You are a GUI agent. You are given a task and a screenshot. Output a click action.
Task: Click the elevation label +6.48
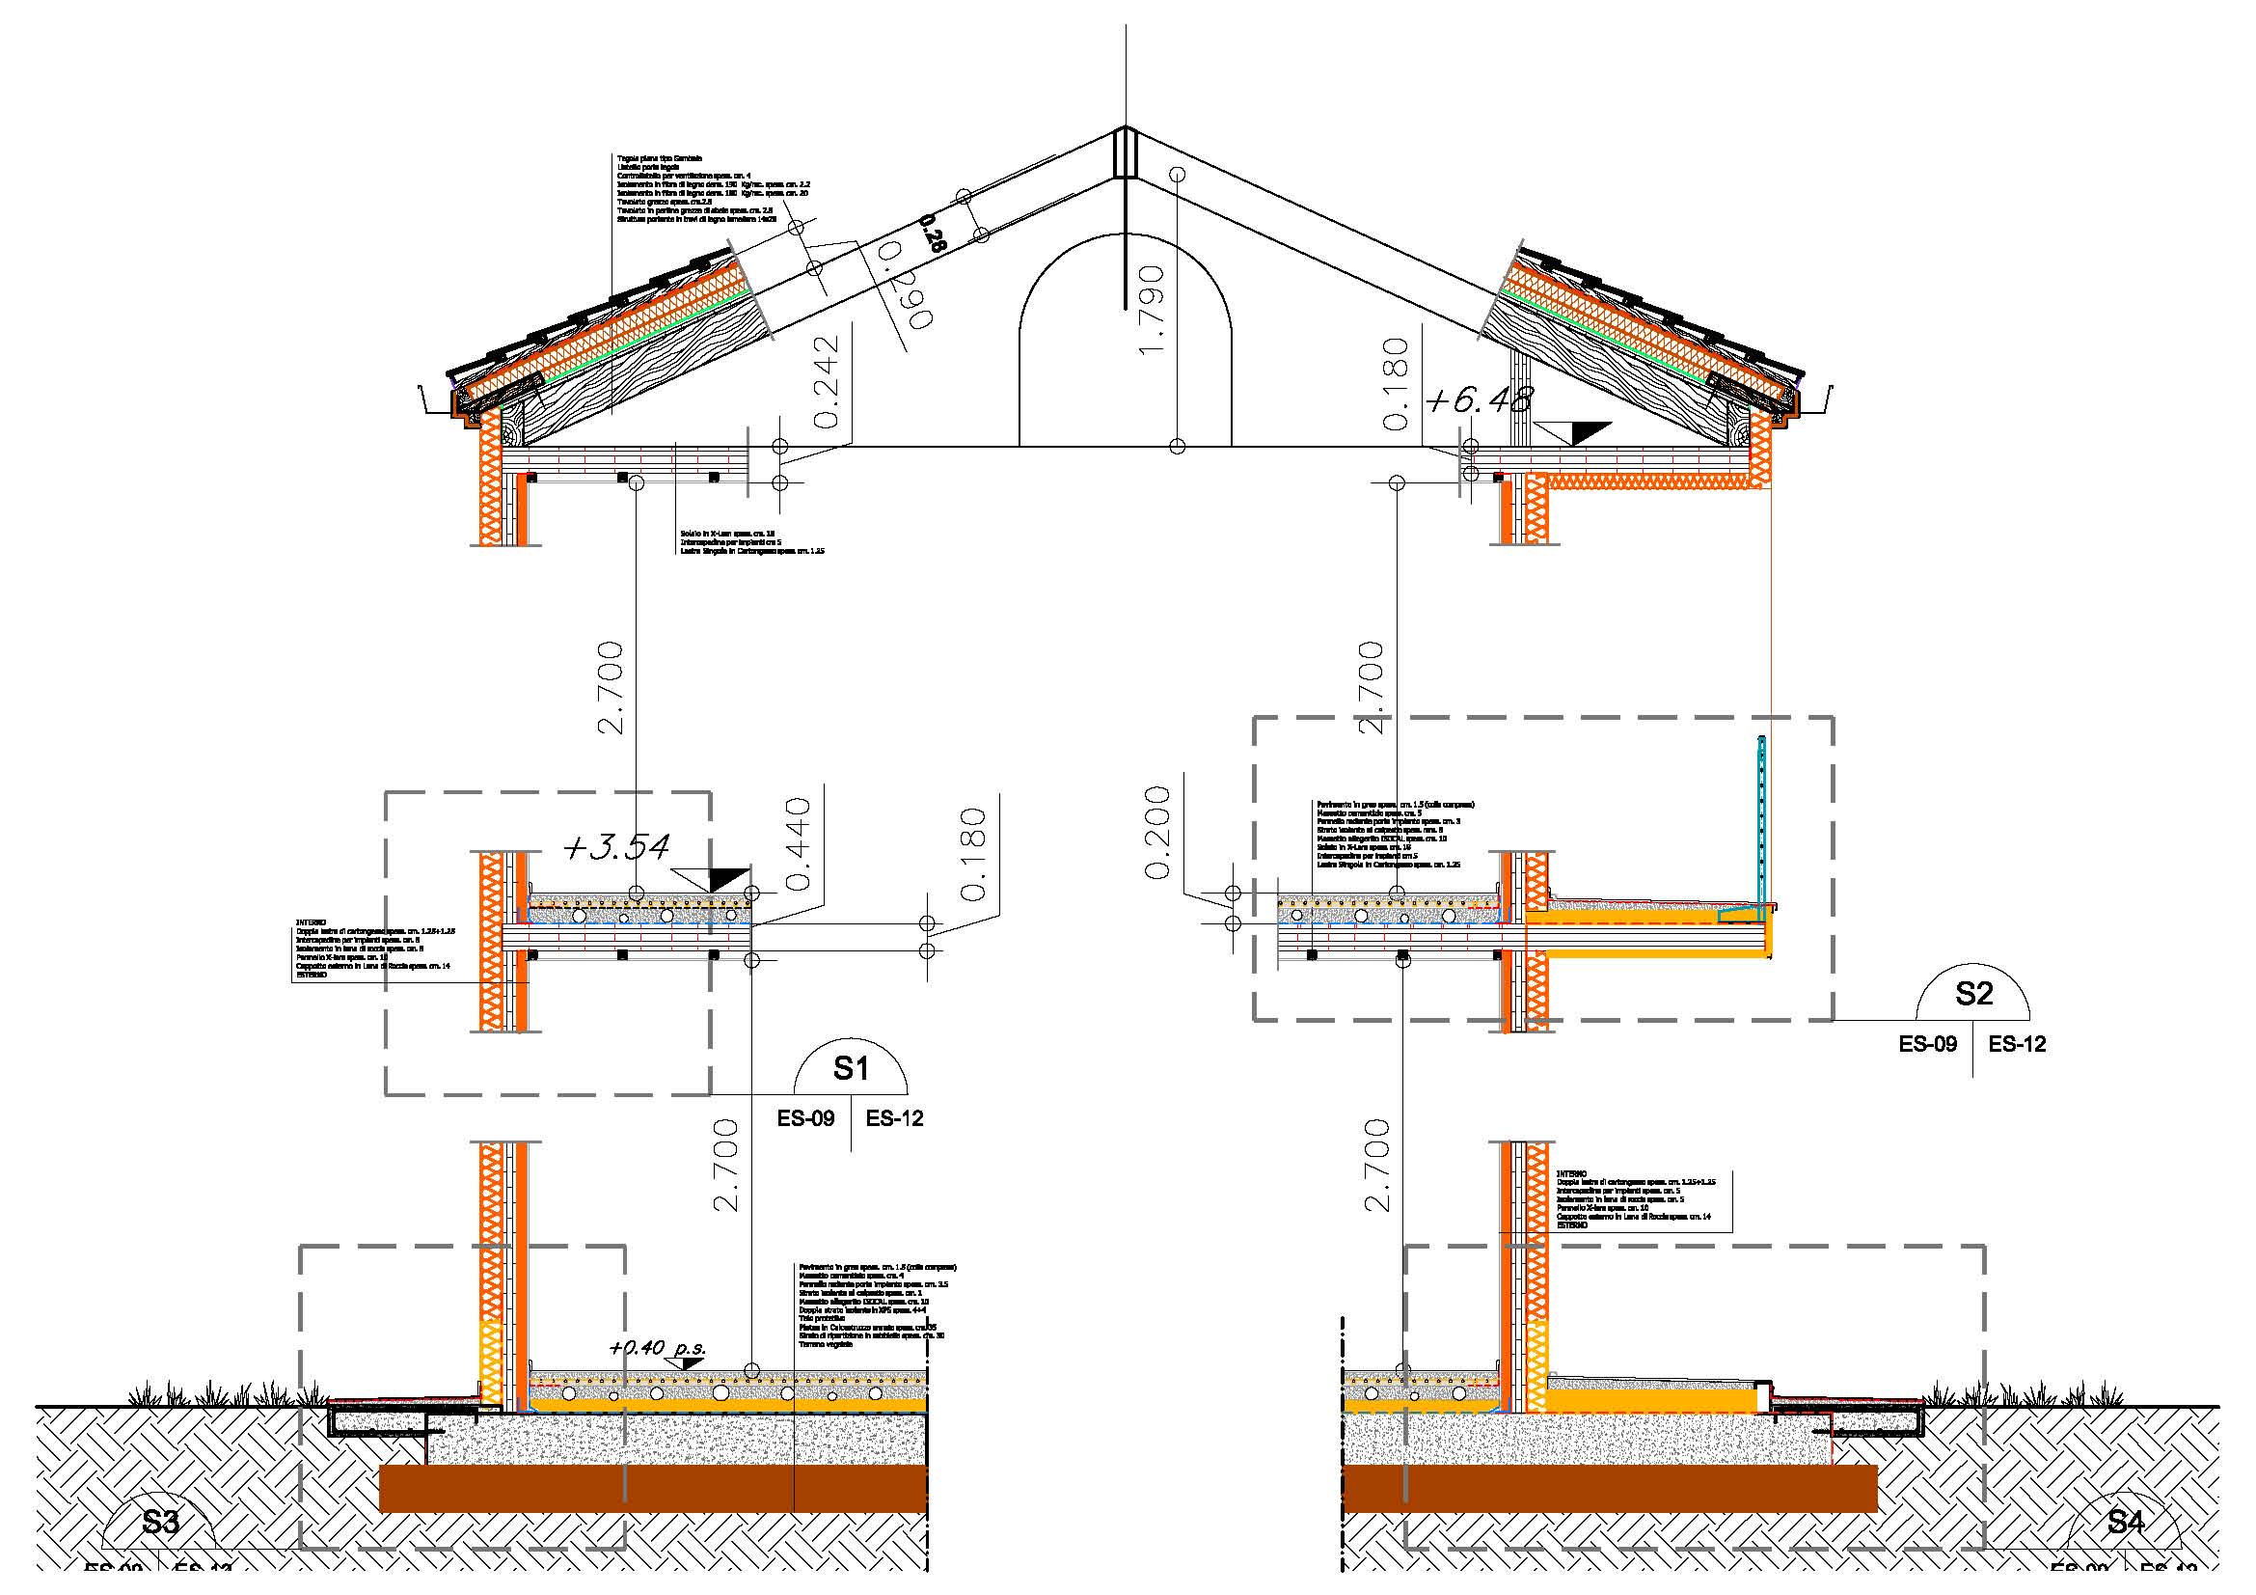click(x=1478, y=399)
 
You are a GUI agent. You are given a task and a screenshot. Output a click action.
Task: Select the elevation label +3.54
click(x=617, y=847)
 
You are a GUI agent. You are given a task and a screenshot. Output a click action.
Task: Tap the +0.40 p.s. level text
click(x=658, y=1347)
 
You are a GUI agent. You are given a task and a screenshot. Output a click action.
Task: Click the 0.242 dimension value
click(x=828, y=381)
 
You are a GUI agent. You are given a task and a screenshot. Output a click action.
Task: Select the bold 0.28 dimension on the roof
click(x=930, y=235)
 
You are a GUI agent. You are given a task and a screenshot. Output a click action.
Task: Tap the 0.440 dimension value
click(x=798, y=844)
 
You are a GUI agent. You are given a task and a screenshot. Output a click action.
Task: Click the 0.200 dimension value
click(x=1158, y=832)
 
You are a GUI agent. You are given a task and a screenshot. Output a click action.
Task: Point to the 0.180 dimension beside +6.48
click(x=1395, y=383)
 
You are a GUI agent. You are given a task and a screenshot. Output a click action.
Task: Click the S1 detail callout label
click(x=851, y=1068)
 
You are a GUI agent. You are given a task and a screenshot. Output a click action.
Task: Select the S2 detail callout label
click(x=1973, y=994)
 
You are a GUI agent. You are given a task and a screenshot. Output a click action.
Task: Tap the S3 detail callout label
click(x=160, y=1523)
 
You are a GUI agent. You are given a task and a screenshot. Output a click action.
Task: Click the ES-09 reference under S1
click(x=805, y=1118)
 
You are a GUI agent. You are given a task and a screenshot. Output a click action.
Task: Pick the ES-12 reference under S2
click(x=2017, y=1045)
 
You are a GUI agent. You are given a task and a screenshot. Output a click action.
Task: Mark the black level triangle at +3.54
click(x=726, y=879)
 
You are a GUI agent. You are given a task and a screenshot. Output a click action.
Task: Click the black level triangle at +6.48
click(x=1587, y=431)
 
